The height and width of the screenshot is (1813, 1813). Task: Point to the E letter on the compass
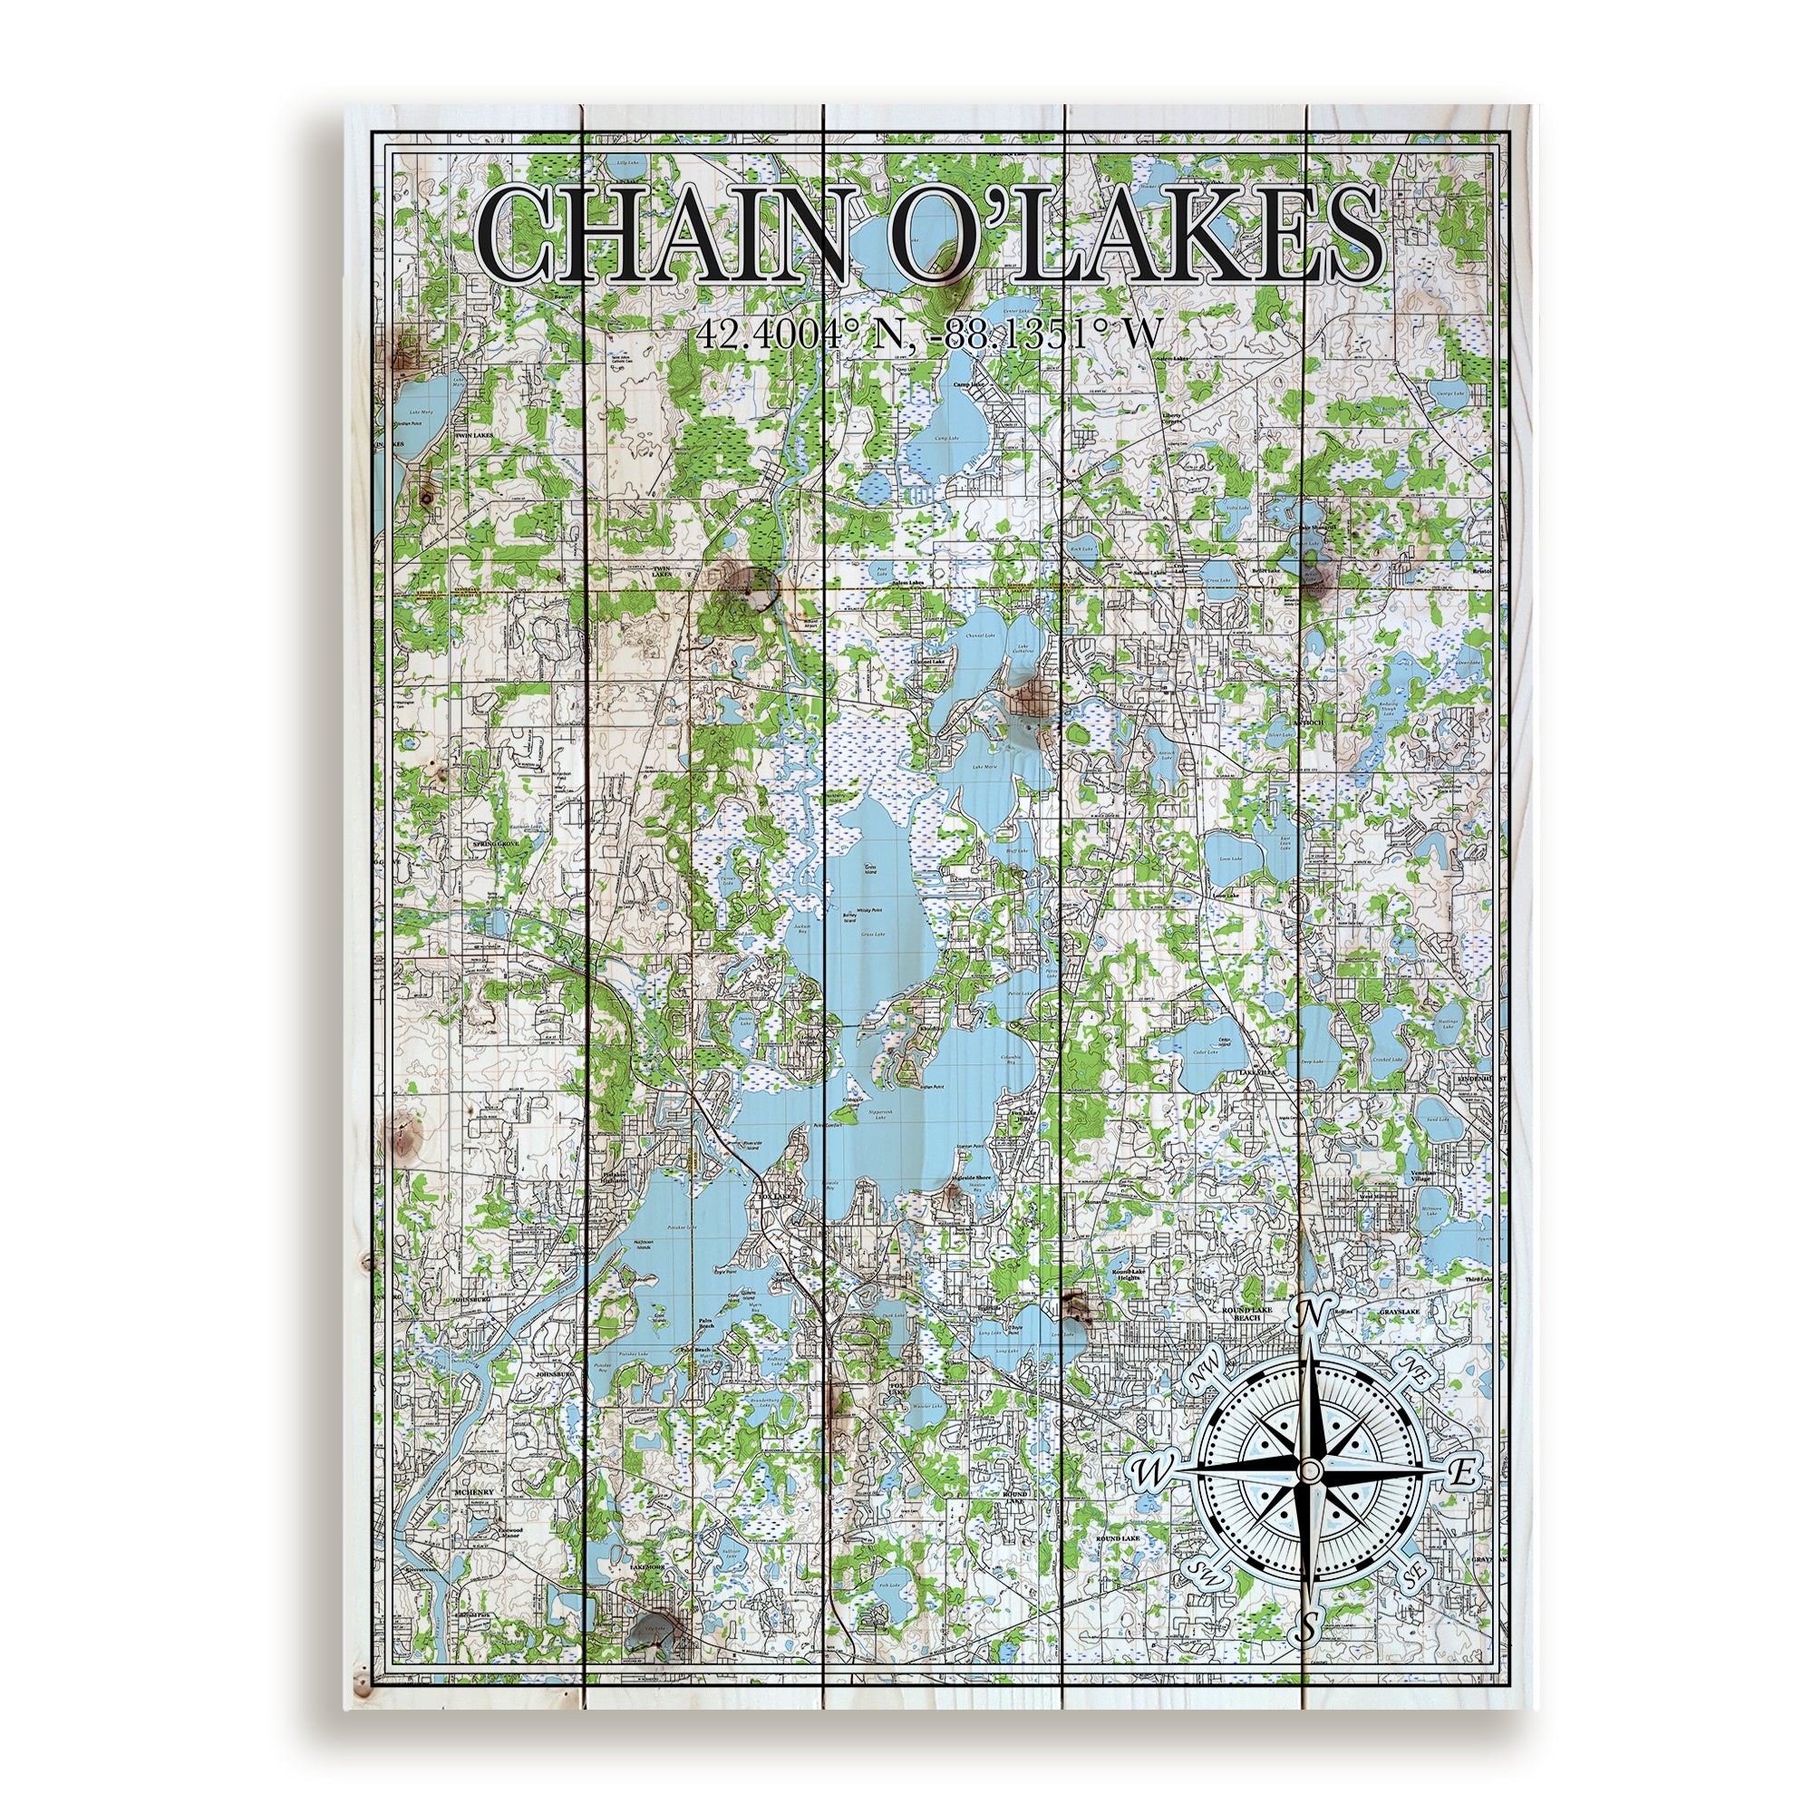pos(1463,1472)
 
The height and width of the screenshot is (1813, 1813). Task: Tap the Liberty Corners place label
pos(1171,419)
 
